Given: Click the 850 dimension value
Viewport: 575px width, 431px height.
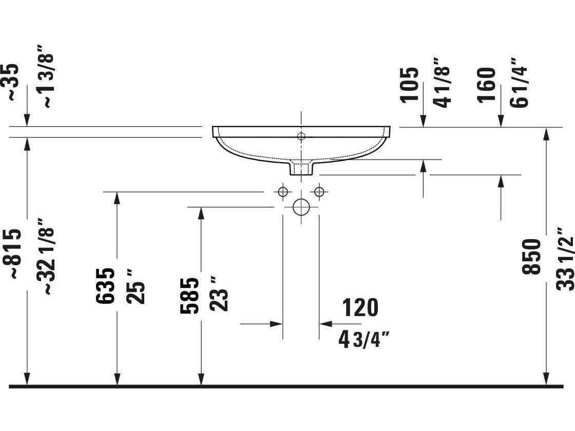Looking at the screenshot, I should [x=532, y=257].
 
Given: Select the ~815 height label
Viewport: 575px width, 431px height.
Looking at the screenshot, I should [x=15, y=253].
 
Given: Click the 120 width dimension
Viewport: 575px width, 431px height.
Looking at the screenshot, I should [x=360, y=307].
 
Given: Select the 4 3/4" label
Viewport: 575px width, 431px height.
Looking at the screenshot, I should [x=365, y=339].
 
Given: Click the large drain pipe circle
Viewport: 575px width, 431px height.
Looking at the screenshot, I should [x=301, y=207].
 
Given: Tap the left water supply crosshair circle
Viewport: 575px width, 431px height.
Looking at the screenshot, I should [x=282, y=192].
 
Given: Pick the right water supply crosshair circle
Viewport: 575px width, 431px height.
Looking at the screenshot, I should [x=319, y=192].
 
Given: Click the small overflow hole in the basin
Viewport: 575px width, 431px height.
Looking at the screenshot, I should [x=301, y=136].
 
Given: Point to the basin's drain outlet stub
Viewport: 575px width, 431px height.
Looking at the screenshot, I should [x=301, y=168].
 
